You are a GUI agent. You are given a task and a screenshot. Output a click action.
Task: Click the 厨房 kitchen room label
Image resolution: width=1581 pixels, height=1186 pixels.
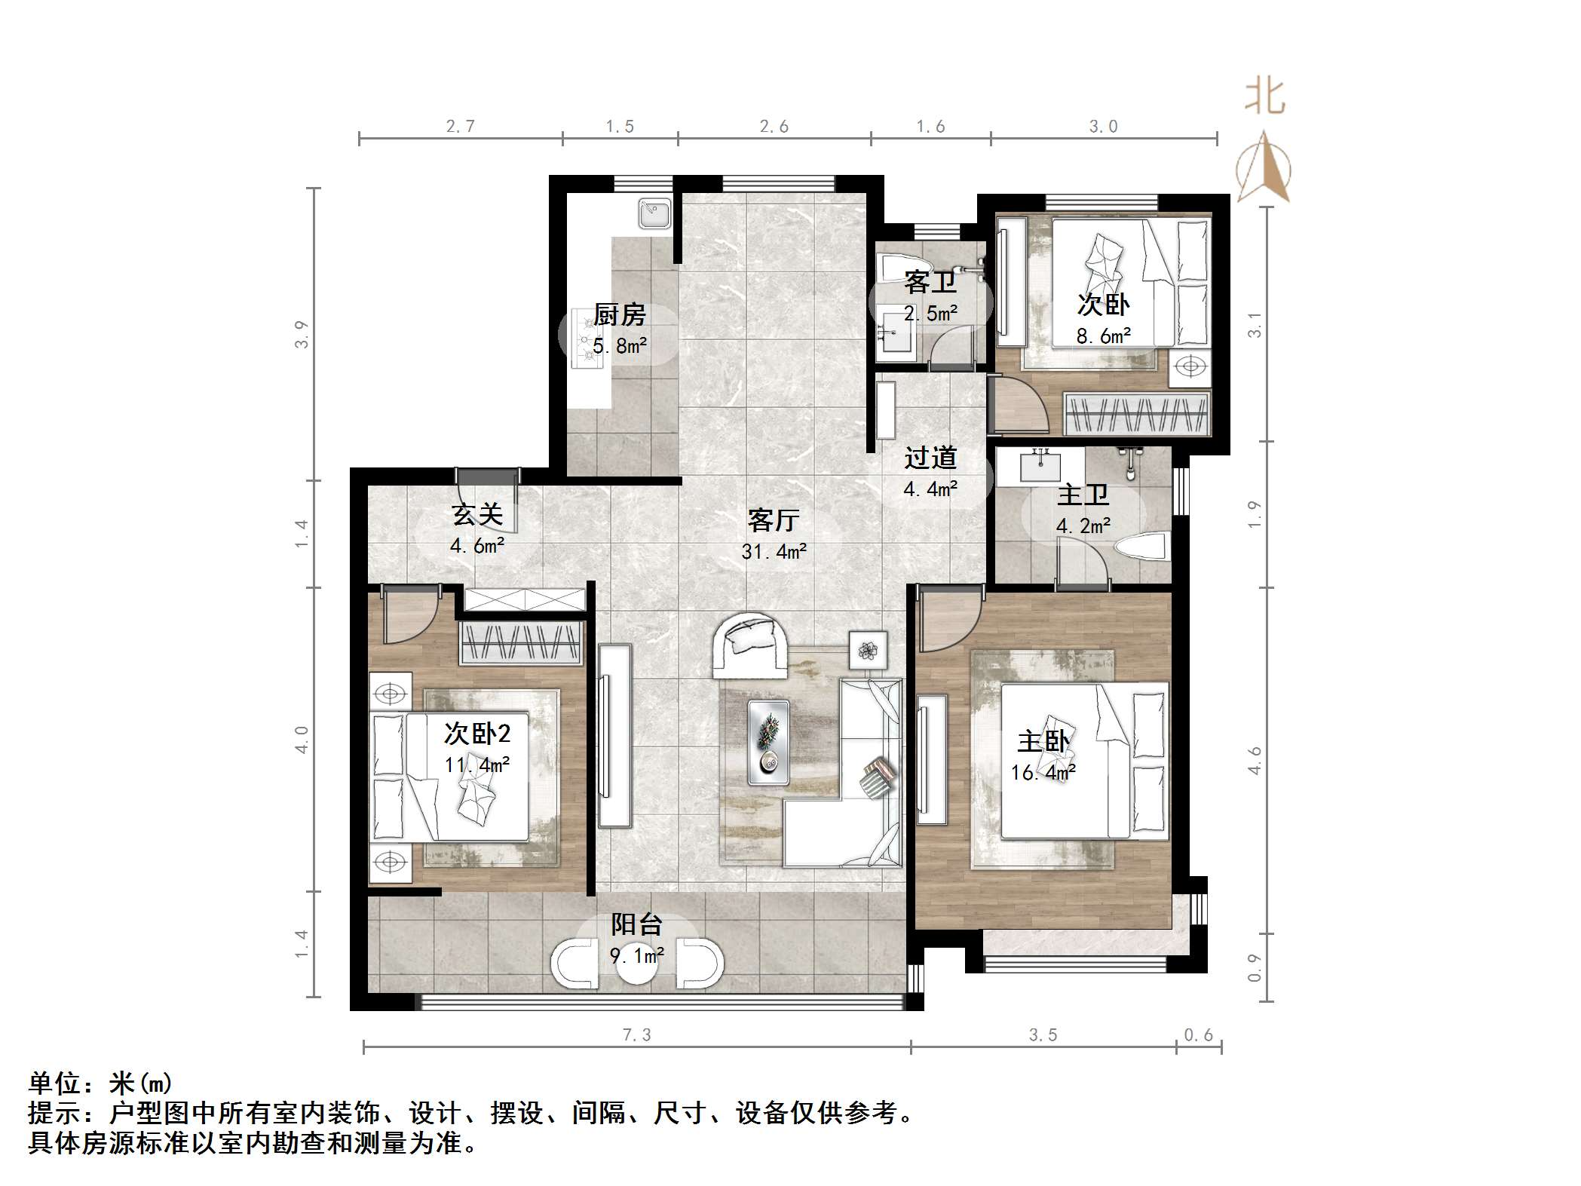[x=619, y=314]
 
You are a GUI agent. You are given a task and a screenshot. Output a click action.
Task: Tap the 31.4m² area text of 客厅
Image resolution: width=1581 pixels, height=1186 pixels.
[x=774, y=552]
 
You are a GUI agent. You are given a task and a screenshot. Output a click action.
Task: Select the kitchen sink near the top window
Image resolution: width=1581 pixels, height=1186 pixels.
[x=654, y=213]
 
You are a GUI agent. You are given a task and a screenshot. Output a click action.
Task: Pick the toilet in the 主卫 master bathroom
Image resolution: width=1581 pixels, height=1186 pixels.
[x=1143, y=547]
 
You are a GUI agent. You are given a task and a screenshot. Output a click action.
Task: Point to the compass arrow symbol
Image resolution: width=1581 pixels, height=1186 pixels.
[x=1264, y=167]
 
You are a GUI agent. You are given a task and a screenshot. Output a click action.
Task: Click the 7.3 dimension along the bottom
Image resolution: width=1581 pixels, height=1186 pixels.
[x=636, y=1034]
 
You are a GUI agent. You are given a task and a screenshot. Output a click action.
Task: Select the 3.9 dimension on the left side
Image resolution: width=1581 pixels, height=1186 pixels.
[x=302, y=334]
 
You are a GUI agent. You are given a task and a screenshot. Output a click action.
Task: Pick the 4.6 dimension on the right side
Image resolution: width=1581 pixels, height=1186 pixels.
[x=1255, y=760]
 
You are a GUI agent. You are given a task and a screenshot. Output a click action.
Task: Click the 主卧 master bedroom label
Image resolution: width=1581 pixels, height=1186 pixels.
[x=1043, y=741]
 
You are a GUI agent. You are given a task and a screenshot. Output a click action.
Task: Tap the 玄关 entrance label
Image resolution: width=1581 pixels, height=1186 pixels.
[x=476, y=515]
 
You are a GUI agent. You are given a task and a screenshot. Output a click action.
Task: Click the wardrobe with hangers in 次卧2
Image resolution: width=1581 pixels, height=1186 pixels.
[x=520, y=643]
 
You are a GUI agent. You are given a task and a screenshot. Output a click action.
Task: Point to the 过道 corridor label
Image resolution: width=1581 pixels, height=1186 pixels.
[x=930, y=458]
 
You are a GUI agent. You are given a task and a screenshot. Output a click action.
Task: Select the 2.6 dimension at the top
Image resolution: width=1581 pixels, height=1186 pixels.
[x=774, y=127]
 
